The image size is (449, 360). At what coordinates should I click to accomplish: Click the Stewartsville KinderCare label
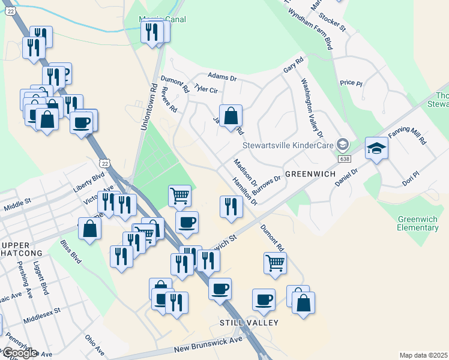288,145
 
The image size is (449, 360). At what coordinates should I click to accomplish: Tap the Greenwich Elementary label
417,223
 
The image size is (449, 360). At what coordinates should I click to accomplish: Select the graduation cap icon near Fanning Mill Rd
376,148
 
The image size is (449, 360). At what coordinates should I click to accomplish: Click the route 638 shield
344,158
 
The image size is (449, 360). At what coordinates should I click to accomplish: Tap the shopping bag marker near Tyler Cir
231,115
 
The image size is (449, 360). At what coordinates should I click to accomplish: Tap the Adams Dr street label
222,77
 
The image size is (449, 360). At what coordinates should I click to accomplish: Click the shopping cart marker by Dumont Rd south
275,262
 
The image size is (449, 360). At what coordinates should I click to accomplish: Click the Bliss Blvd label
71,251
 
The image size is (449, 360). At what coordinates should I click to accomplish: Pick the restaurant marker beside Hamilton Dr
231,206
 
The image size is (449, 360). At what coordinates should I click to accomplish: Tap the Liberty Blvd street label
89,182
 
